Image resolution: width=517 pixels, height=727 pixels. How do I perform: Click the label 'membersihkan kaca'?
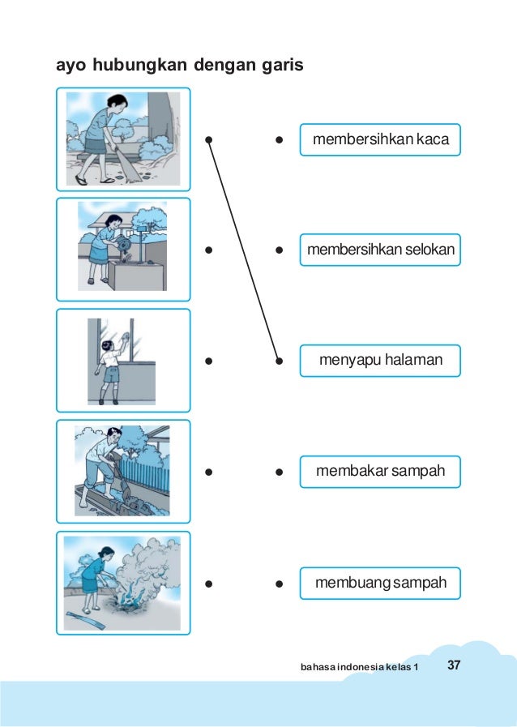coord(380,139)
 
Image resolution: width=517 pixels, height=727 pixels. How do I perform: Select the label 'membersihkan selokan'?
coord(380,250)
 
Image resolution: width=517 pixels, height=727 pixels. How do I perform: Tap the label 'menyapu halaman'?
coord(380,360)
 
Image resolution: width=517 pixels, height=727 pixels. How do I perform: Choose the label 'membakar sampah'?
coord(380,471)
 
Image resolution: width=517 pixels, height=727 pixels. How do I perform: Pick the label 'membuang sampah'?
coord(380,583)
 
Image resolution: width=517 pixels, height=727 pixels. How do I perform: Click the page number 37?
coord(454,665)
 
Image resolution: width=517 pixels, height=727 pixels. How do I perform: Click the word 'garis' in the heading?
coord(280,64)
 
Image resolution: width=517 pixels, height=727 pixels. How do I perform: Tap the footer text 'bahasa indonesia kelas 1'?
coord(360,667)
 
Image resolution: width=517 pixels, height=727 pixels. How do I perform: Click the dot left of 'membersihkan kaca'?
coord(278,139)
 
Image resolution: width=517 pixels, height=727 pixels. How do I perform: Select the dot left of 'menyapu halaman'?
coord(278,360)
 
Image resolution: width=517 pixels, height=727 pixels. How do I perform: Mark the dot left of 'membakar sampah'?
coord(278,471)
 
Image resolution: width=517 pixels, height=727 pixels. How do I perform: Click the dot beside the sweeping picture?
coord(208,139)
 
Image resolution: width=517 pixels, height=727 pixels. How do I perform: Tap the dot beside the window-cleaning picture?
coord(208,360)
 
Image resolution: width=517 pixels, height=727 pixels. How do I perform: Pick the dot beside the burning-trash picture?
coord(208,583)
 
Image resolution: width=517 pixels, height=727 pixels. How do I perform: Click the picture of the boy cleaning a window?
coord(122,361)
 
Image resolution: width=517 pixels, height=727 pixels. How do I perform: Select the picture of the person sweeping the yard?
coord(122,139)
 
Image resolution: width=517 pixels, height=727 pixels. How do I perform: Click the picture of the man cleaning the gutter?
coord(122,471)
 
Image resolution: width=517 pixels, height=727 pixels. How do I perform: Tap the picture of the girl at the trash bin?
coord(122,250)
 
